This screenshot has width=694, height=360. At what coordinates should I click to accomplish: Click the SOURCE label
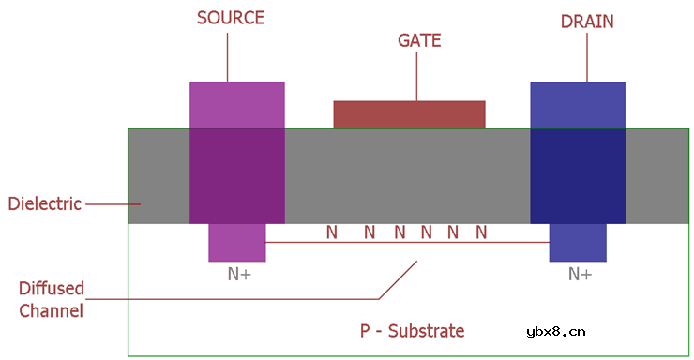tap(230, 18)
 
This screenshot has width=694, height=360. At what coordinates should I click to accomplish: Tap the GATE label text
tap(418, 41)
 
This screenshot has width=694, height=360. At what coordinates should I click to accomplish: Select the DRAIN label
tap(587, 21)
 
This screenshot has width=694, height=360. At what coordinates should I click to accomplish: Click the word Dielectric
tap(44, 203)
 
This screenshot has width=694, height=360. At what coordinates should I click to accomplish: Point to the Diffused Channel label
tap(52, 299)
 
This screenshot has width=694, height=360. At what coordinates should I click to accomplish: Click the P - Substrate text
tap(413, 331)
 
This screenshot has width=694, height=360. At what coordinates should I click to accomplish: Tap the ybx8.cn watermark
tap(556, 330)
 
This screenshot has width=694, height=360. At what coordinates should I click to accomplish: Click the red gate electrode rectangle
tap(409, 113)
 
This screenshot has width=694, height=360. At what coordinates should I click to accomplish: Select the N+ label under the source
tap(239, 275)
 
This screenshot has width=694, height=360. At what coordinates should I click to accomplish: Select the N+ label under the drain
tap(580, 275)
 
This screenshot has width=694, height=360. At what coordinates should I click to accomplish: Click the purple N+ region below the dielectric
tap(236, 243)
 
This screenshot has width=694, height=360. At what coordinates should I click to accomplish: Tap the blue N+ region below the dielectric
tap(577, 243)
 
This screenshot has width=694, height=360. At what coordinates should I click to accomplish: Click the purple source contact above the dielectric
tap(236, 104)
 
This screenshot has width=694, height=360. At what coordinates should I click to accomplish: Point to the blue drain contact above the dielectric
tap(577, 104)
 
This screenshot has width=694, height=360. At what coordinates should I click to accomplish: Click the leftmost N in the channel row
tap(331, 232)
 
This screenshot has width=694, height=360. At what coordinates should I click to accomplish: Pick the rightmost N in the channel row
tap(481, 232)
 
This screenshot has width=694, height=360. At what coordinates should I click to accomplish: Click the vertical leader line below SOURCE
tap(228, 56)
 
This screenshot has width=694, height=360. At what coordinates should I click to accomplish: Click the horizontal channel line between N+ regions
tap(407, 243)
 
